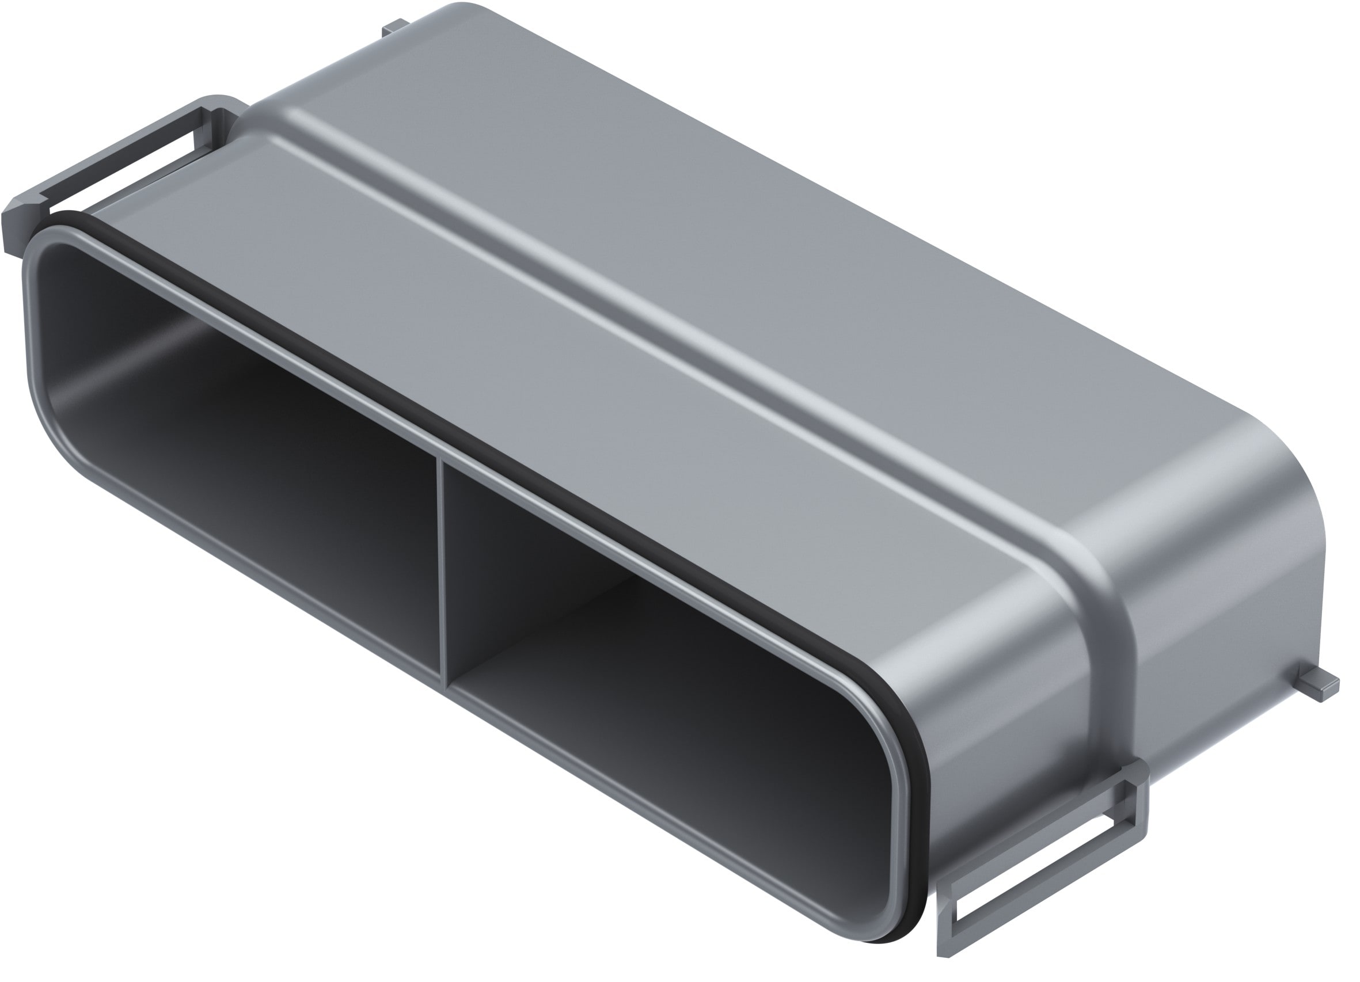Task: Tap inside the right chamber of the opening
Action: [x=660, y=690]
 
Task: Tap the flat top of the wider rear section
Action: [x=720, y=210]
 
